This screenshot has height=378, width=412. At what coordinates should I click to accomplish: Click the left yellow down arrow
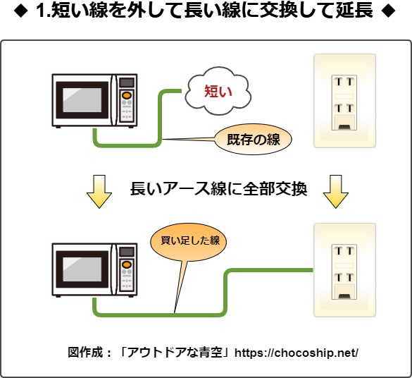[99, 191]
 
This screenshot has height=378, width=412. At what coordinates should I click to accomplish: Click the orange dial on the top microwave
[127, 95]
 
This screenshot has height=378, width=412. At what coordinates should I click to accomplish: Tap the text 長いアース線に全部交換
[218, 190]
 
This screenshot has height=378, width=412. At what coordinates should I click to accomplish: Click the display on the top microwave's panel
[127, 82]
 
